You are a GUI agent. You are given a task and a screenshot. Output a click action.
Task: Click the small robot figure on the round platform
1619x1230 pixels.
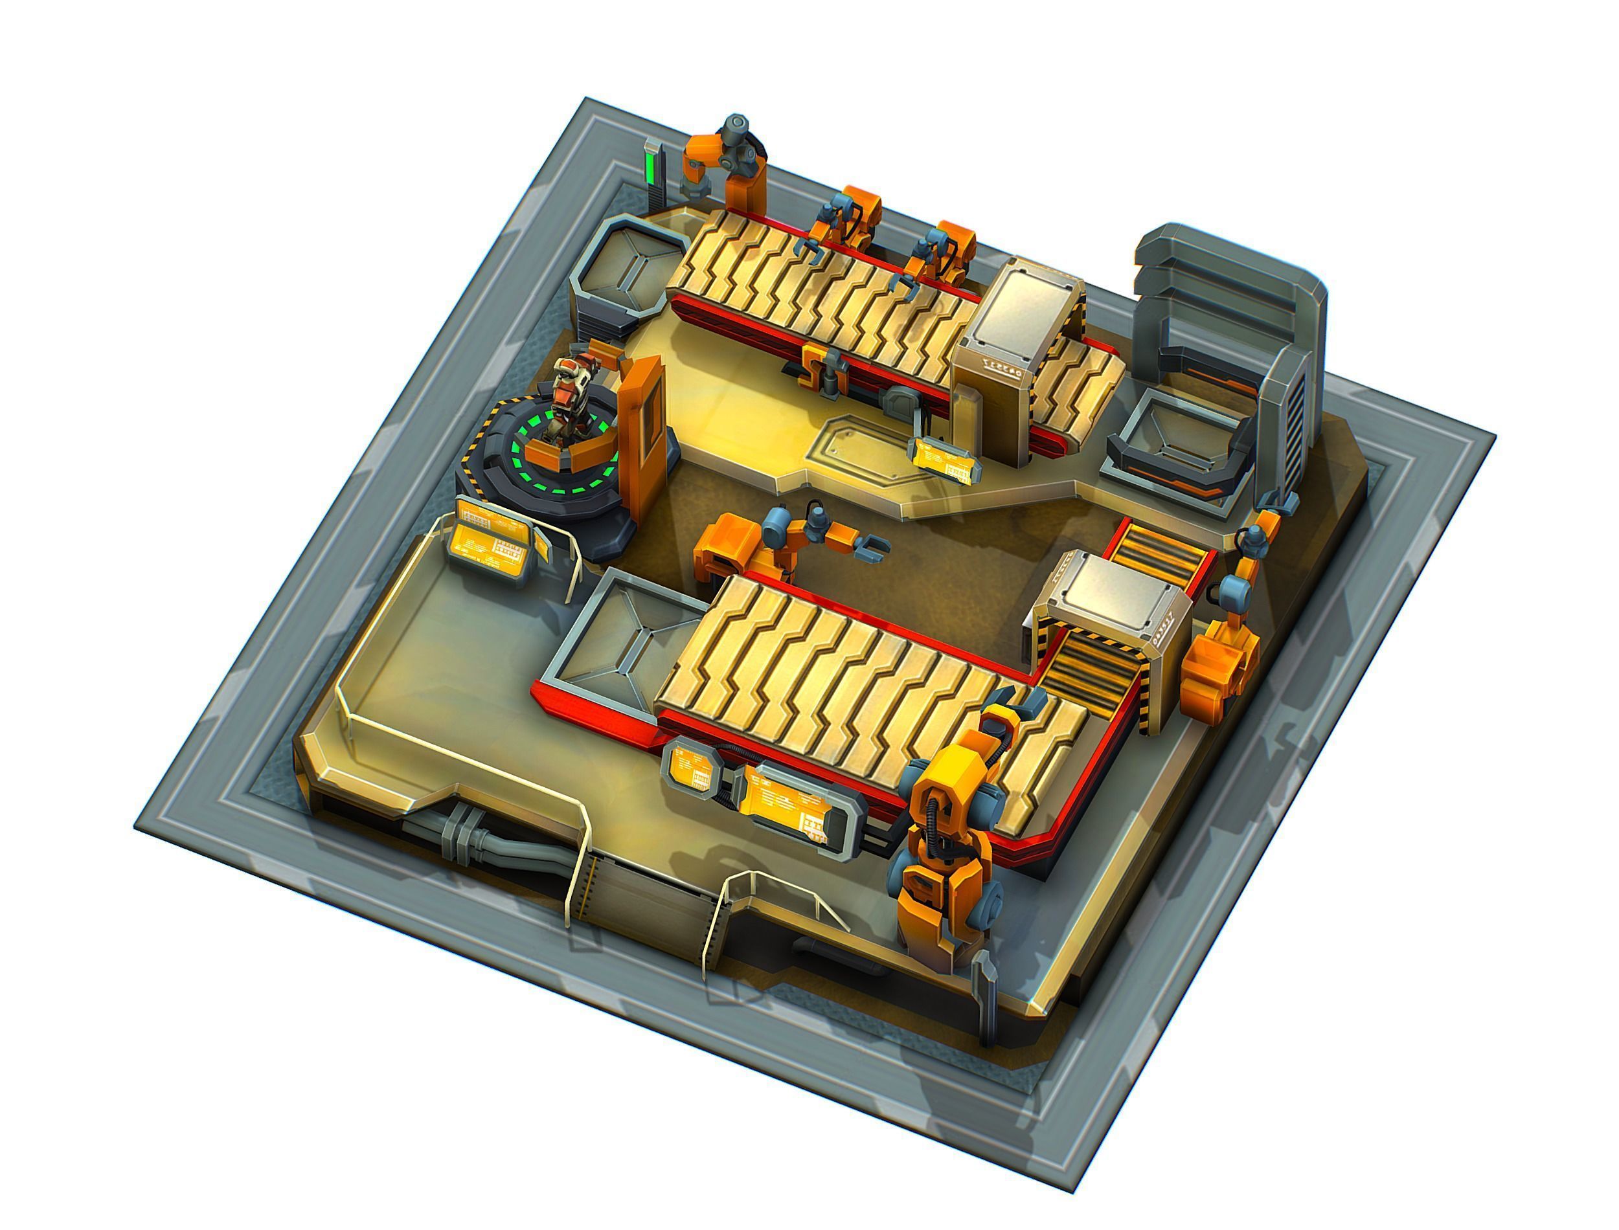570,401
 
